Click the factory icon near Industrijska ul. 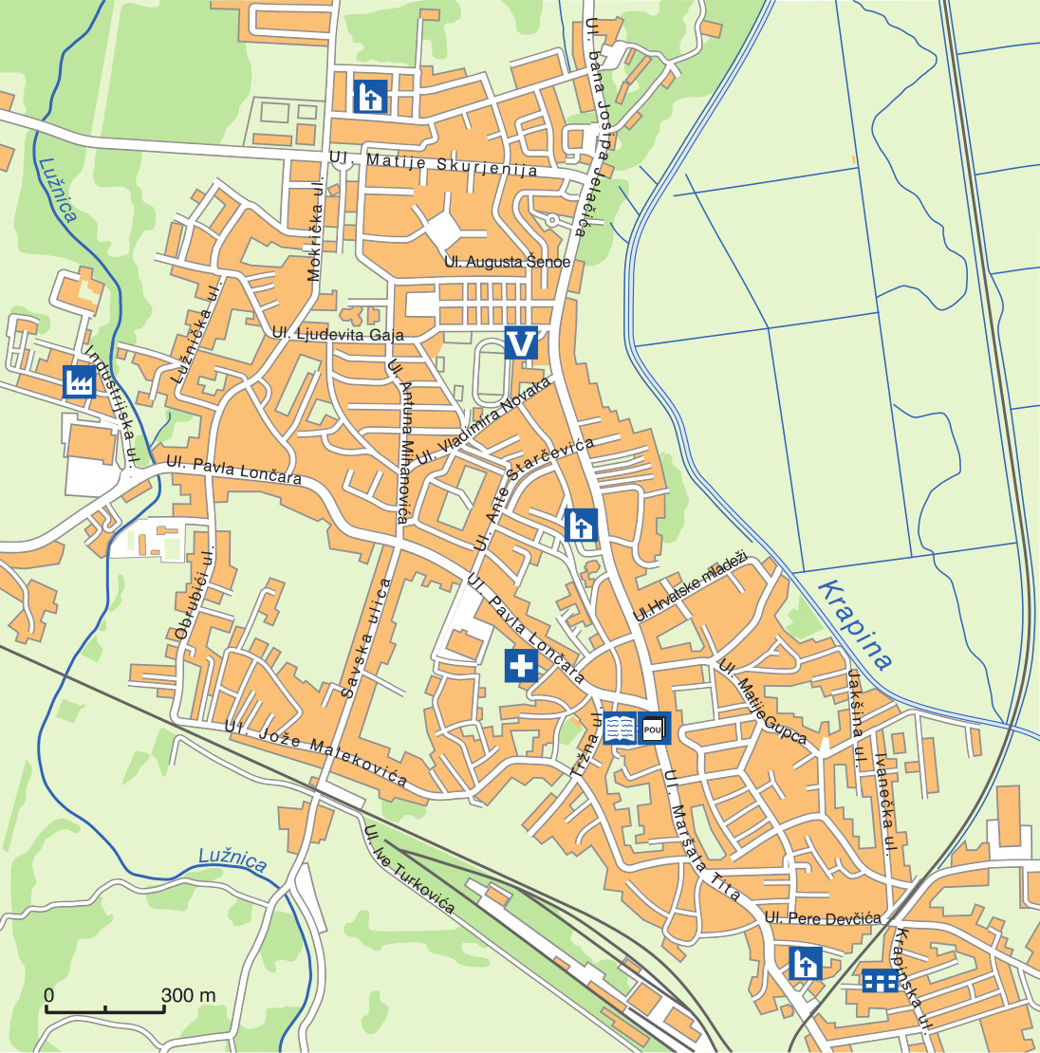(79, 381)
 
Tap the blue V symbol (522, 342)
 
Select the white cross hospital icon (521, 666)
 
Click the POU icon (654, 728)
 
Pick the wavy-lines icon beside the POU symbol (621, 728)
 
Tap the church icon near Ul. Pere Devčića (806, 962)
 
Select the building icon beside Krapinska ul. (880, 981)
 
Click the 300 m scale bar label (188, 995)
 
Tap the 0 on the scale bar (48, 995)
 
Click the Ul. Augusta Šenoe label (508, 261)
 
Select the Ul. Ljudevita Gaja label (338, 334)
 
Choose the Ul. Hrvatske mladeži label (691, 586)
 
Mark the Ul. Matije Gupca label (762, 703)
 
